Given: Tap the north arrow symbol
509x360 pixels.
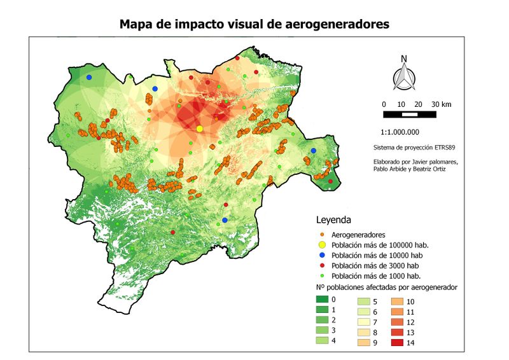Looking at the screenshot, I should (403, 75).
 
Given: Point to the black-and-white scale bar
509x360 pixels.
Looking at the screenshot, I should (410, 114).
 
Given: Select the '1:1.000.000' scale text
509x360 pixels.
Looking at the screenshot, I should (400, 132).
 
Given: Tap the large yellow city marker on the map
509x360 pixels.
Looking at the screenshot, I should (199, 128).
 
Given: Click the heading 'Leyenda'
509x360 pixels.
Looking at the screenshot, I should (333, 220).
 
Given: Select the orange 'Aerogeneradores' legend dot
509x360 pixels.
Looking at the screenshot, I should (322, 235).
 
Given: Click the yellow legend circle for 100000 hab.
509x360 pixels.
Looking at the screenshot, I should (322, 245).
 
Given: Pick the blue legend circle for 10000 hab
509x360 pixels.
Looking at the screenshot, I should (322, 255).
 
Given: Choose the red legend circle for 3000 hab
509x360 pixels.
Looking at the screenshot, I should (322, 265).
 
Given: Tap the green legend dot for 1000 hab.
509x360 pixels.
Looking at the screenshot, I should (322, 275).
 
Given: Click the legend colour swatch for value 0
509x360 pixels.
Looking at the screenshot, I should (324, 299).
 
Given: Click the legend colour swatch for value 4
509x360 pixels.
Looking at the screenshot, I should (324, 341).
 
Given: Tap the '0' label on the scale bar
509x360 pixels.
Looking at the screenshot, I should (384, 104).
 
